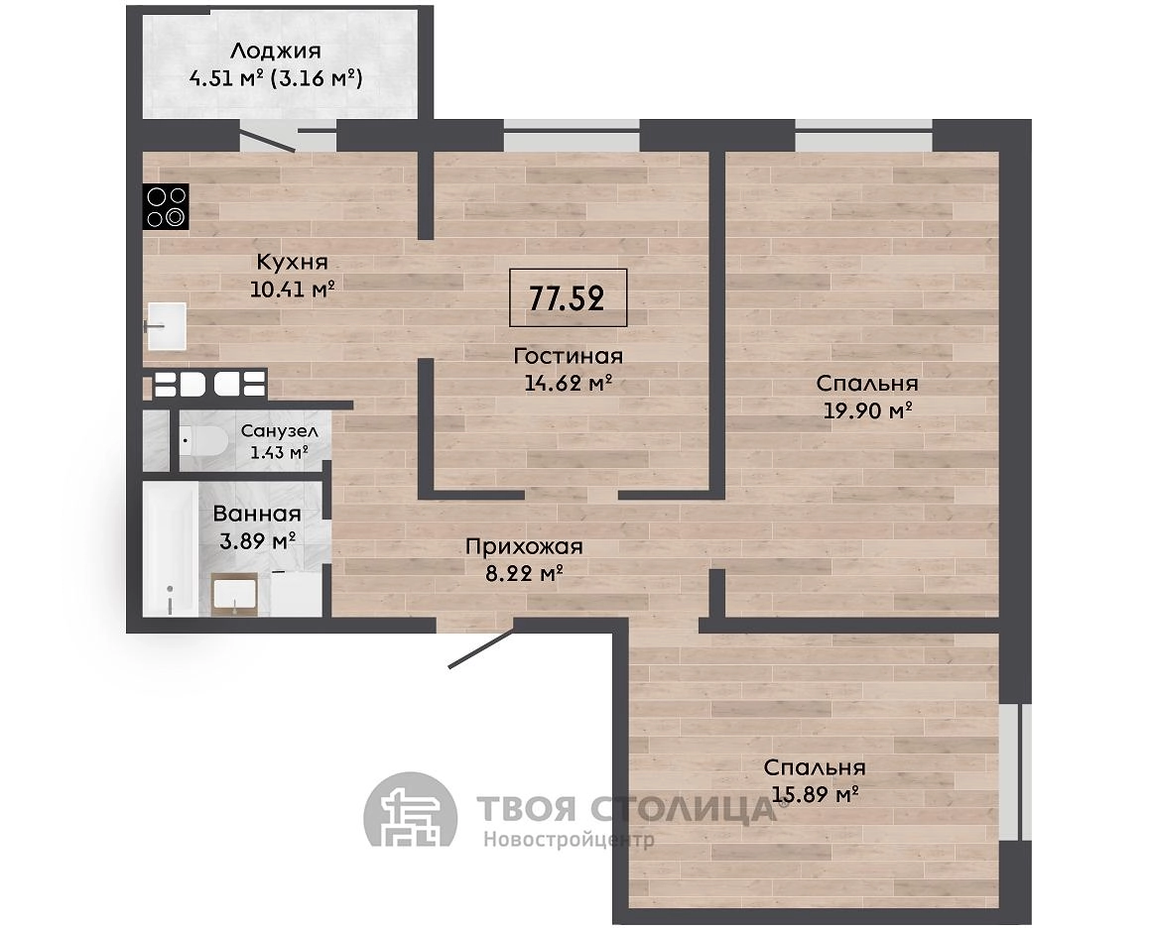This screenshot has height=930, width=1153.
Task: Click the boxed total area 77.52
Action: [x=568, y=297]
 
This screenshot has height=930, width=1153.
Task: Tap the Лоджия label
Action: [x=276, y=51]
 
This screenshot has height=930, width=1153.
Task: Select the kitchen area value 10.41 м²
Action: [x=293, y=288]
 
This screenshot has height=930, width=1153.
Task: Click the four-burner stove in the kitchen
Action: [x=167, y=206]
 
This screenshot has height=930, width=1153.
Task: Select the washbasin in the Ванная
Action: [x=234, y=595]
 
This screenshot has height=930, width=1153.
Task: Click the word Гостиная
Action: [x=569, y=356]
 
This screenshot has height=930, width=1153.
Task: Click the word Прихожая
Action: [x=524, y=546]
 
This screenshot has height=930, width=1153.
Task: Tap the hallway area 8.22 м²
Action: [x=524, y=573]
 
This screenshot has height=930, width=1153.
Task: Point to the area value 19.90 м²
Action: [x=867, y=409]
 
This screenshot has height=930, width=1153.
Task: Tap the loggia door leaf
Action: [x=268, y=141]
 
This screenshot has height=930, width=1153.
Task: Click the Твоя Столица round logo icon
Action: [x=411, y=818]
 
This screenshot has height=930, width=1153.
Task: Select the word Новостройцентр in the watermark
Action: [x=569, y=840]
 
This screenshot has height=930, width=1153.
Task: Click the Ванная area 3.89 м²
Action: [x=257, y=541]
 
